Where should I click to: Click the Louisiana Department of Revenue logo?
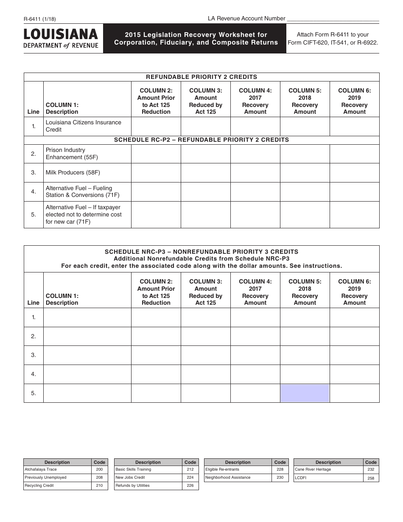click(x=61, y=39)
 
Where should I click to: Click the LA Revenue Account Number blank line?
click(x=333, y=19)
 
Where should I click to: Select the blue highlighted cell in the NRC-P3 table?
click(x=305, y=393)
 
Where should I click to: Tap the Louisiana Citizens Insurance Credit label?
click(x=83, y=126)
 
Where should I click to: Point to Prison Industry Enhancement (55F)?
click(x=72, y=154)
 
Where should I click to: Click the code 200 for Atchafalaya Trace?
click(x=99, y=469)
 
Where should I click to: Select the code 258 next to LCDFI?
click(x=371, y=478)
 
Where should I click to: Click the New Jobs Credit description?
click(x=130, y=477)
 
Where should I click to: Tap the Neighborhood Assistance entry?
click(x=228, y=477)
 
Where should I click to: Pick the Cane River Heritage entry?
click(x=313, y=469)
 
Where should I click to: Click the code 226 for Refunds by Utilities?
click(x=190, y=486)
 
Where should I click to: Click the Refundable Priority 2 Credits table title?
click(x=201, y=77)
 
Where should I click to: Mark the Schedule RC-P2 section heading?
click(x=201, y=140)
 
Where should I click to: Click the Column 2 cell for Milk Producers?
click(x=156, y=173)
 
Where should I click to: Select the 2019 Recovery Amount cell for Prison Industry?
click(x=354, y=154)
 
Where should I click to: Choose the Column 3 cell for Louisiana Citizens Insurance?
click(x=205, y=126)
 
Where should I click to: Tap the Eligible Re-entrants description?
click(x=222, y=469)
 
